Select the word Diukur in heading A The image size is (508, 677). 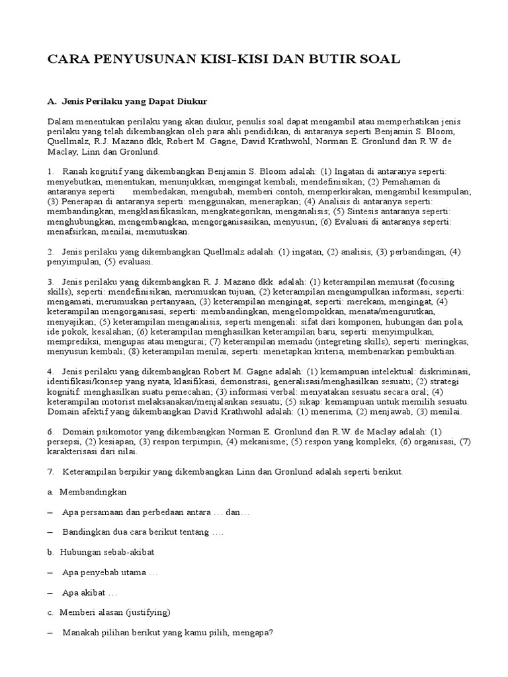coord(190,102)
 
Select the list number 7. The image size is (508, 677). coord(50,472)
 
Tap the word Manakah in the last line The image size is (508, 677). coord(81,632)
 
